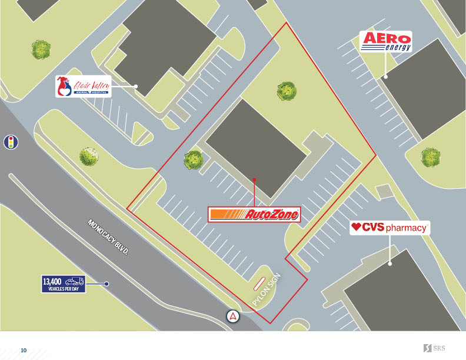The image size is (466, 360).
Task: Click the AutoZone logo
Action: (x=254, y=214)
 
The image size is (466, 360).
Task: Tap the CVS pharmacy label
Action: (x=389, y=227)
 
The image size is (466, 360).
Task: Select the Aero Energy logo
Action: (x=385, y=41)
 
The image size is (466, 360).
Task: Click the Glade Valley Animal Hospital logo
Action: (x=82, y=86)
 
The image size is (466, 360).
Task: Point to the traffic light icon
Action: (x=9, y=142)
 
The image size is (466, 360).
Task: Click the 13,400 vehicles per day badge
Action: (x=63, y=284)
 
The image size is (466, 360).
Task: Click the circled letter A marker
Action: (x=234, y=316)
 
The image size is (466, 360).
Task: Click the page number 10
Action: (x=24, y=351)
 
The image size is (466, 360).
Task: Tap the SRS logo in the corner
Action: (x=434, y=348)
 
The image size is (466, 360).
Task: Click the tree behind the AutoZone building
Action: (x=287, y=91)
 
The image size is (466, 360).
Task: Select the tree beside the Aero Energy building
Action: (x=431, y=157)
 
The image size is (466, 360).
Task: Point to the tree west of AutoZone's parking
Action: (x=193, y=159)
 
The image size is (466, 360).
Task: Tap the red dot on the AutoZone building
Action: (x=254, y=180)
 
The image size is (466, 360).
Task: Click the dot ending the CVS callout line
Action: (x=390, y=264)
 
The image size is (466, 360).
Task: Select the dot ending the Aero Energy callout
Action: (x=386, y=76)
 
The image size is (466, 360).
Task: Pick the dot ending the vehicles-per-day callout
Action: (x=106, y=284)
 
